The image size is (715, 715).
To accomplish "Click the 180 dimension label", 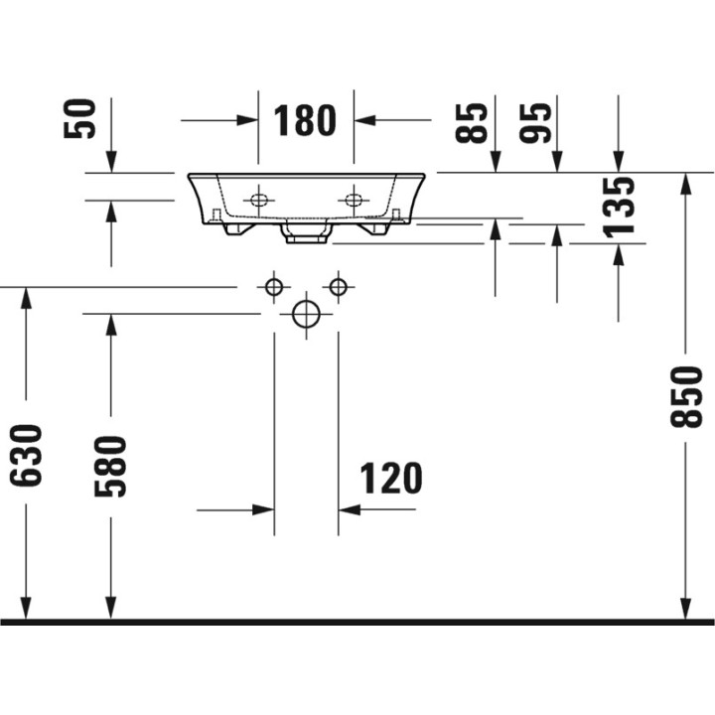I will [x=306, y=120].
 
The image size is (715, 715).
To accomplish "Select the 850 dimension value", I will [x=686, y=396].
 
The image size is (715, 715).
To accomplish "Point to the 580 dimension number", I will [x=110, y=466].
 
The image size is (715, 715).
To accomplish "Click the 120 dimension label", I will [x=390, y=479].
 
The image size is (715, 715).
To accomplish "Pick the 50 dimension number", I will [x=80, y=118].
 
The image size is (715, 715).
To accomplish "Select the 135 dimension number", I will [x=620, y=207].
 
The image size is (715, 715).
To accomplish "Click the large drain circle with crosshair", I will [x=306, y=314].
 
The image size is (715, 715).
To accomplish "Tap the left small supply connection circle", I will [x=273, y=288].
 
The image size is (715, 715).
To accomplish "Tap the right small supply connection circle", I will [x=338, y=288].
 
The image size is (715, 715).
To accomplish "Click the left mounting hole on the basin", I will [x=259, y=200].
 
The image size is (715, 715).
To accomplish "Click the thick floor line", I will [x=357, y=623].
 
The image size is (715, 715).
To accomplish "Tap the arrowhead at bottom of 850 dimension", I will [x=685, y=608].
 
